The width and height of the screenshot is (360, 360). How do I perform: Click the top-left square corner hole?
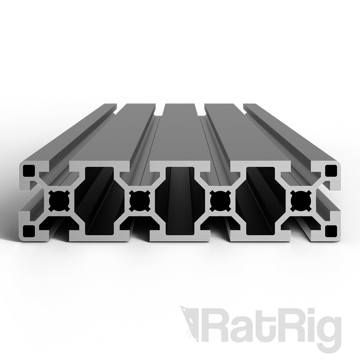(28, 170)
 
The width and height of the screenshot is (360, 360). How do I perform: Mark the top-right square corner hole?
(330, 170)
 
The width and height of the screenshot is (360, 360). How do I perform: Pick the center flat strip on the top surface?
(179, 137)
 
